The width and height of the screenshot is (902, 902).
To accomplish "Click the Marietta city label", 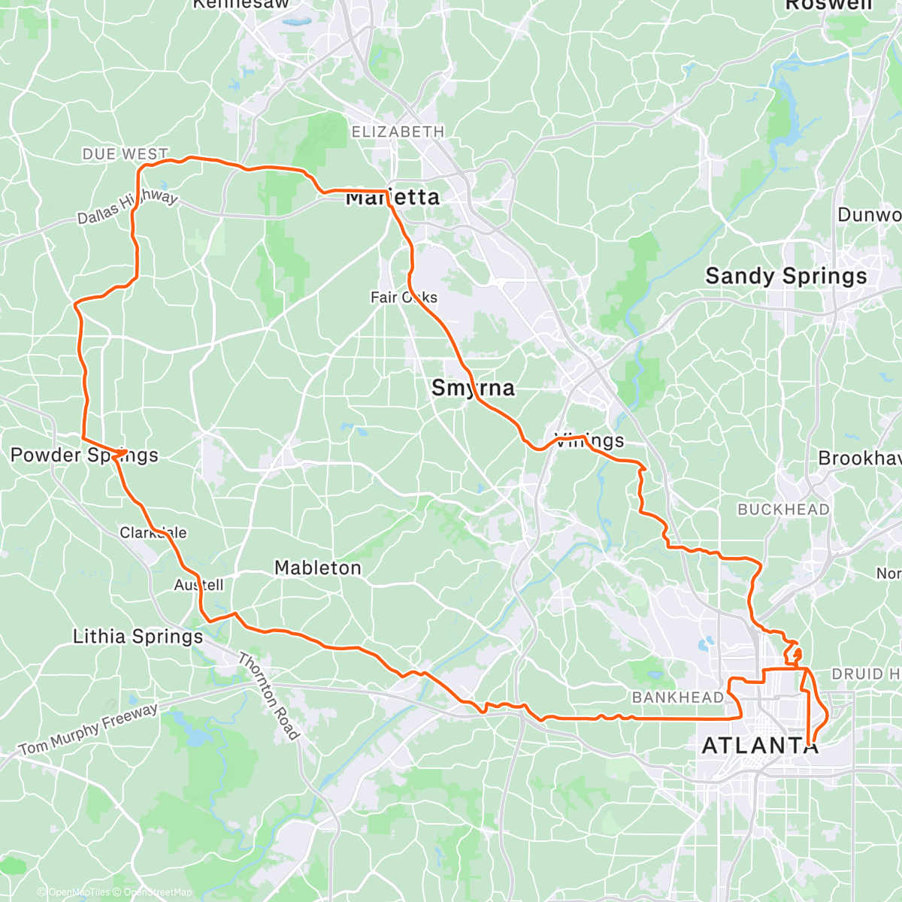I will [x=392, y=198].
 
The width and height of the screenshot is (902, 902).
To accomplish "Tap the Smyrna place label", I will [x=473, y=388].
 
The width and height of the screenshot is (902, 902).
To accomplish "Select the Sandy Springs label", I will [x=785, y=277].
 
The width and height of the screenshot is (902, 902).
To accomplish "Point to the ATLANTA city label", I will [x=759, y=746].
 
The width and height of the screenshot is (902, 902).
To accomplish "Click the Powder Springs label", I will [x=84, y=455].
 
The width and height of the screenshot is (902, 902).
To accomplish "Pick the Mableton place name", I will [x=317, y=568].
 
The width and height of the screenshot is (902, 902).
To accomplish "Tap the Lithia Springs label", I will [x=138, y=637].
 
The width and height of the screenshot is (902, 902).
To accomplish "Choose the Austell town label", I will [x=198, y=585].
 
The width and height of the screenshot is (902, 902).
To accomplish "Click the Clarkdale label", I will [x=153, y=533].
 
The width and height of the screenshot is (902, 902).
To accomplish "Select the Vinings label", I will [x=589, y=440].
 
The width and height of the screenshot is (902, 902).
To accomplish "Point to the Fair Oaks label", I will [x=404, y=298].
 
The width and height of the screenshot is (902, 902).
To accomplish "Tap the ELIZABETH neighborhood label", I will [x=398, y=132].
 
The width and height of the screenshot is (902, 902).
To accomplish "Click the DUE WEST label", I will [x=125, y=154].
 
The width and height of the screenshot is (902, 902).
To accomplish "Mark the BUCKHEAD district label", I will [x=783, y=510].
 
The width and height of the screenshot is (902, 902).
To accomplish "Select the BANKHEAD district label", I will [x=677, y=698].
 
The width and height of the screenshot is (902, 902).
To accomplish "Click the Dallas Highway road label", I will [x=128, y=207].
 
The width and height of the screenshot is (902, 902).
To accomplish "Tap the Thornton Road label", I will [x=268, y=696].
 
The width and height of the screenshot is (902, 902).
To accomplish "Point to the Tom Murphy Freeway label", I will [x=89, y=729].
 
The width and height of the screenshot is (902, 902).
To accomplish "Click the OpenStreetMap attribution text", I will [x=158, y=892].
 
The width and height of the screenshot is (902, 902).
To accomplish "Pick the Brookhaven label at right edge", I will [x=859, y=459].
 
